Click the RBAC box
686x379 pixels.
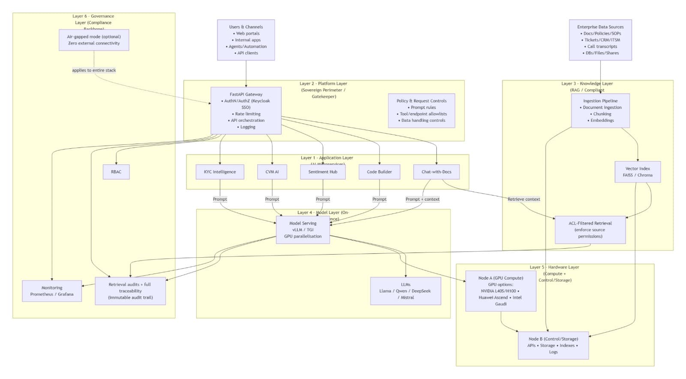click(116, 172)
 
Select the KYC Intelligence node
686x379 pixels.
click(220, 172)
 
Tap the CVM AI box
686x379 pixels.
click(272, 172)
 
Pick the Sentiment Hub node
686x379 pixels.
click(323, 172)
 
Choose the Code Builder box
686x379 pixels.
click(379, 172)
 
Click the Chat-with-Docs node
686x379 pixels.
click(436, 172)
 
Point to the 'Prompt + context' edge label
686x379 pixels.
click(422, 199)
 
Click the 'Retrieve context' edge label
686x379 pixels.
click(524, 199)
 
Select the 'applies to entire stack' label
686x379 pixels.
click(94, 70)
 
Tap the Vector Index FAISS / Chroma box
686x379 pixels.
click(638, 172)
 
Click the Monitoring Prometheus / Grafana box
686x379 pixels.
click(52, 291)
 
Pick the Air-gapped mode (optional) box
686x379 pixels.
click(94, 40)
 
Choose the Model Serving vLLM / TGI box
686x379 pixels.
click(303, 230)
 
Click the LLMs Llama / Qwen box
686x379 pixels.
click(406, 291)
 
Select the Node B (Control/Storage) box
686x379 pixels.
click(553, 345)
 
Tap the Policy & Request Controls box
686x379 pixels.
click(421, 111)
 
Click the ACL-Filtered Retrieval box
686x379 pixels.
click(590, 230)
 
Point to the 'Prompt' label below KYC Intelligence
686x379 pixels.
click(220, 199)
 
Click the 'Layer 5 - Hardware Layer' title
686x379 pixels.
click(554, 267)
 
